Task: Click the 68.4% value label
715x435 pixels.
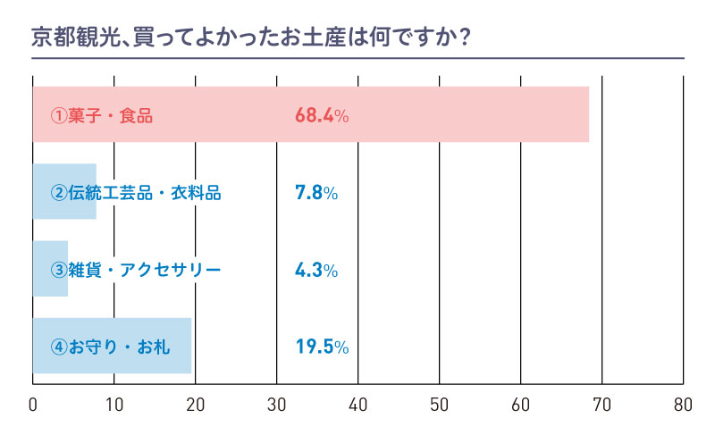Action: coord(321,115)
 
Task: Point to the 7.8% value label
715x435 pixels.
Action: coord(315,192)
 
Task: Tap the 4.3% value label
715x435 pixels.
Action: coord(315,269)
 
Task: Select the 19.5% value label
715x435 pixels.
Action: coord(321,346)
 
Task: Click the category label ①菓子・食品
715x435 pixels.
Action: coord(102,115)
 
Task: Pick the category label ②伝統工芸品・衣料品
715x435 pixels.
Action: coord(135,192)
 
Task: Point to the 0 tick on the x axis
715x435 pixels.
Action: coord(33,404)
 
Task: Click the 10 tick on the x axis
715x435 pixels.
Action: coord(114,404)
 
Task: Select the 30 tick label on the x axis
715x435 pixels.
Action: coord(277,404)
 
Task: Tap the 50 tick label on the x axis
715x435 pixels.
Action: coord(440,404)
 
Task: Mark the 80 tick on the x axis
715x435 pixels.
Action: coord(684,404)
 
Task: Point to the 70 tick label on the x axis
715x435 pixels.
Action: coord(602,404)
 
